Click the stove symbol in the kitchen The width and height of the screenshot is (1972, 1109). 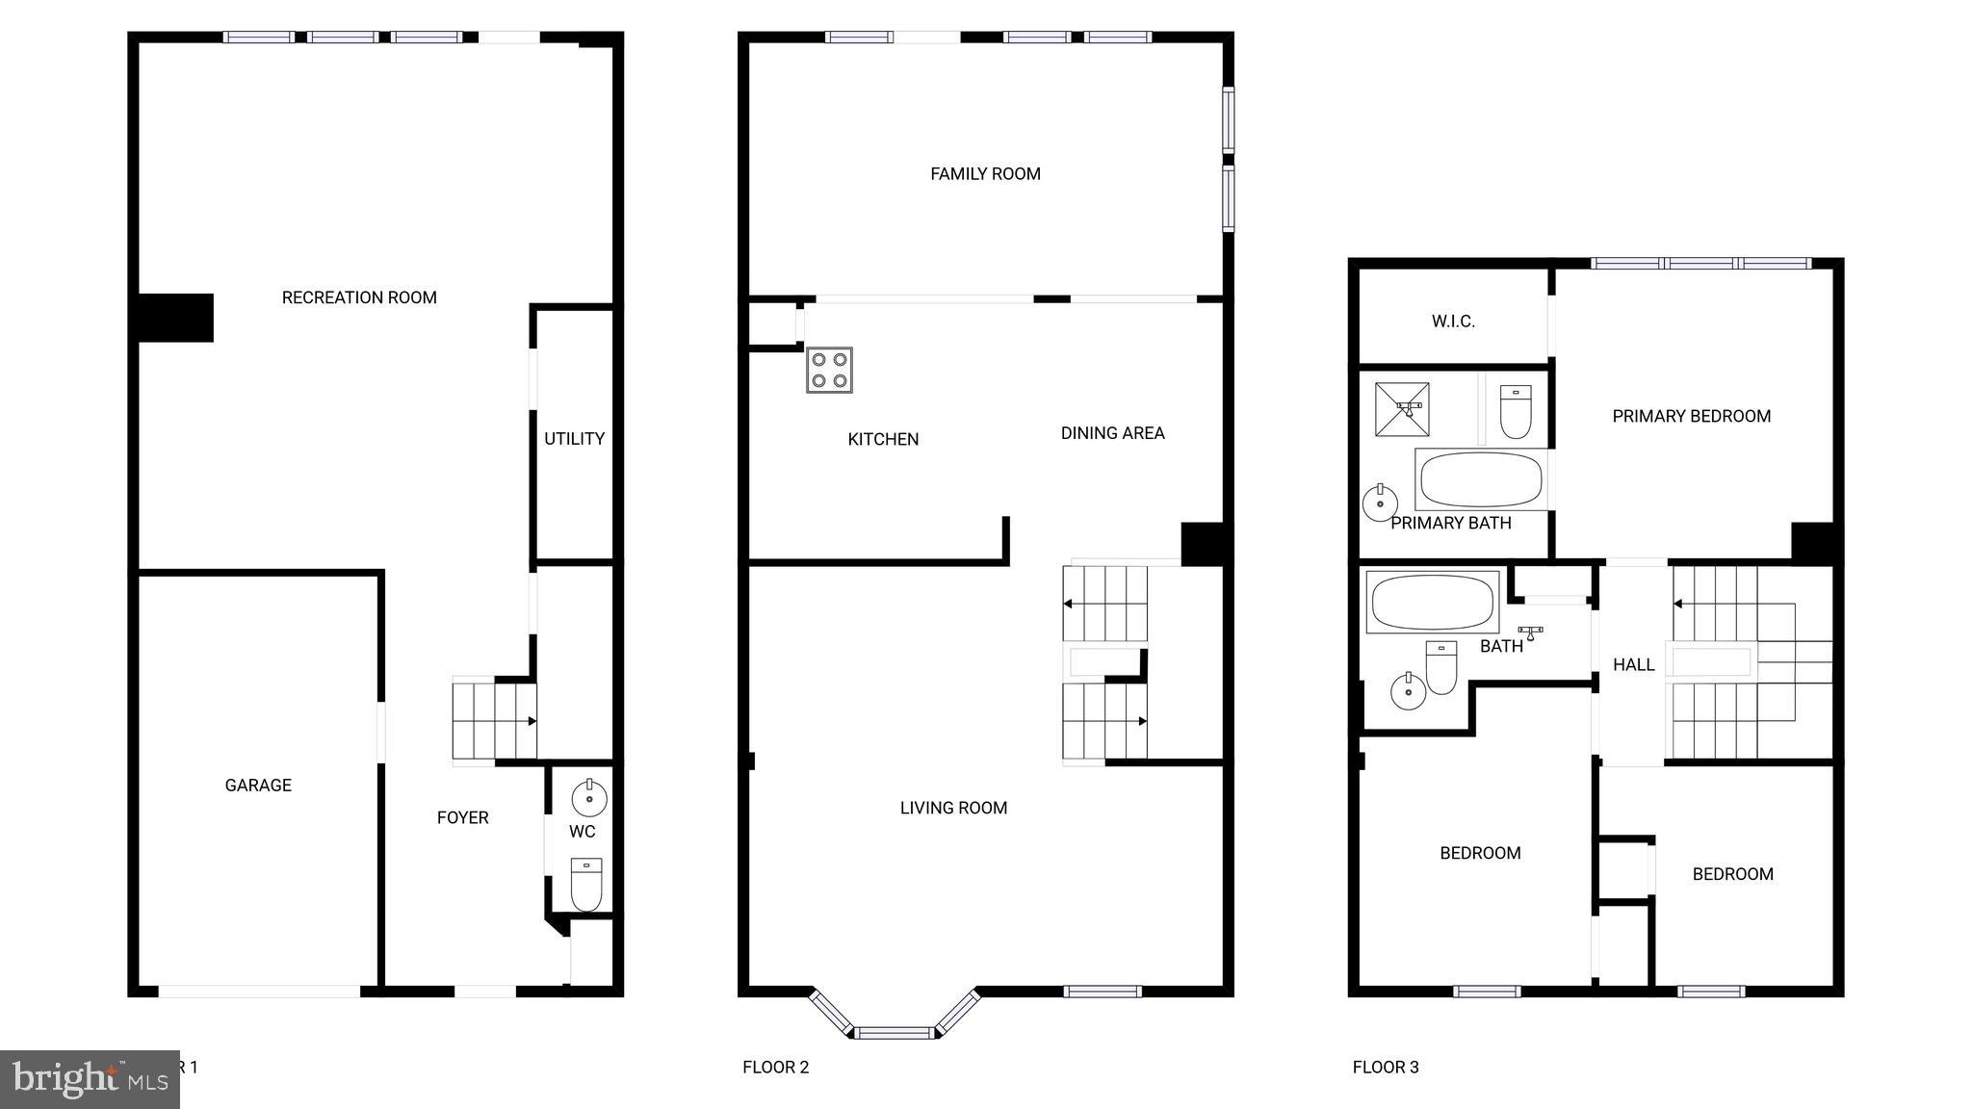click(829, 370)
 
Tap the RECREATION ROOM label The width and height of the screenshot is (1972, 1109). click(359, 298)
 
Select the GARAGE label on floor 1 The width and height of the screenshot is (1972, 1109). click(258, 786)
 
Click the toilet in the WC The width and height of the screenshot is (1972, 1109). click(586, 884)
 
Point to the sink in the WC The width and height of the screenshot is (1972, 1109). click(588, 798)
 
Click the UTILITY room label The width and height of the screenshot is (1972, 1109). click(574, 439)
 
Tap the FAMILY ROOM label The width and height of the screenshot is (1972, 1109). click(985, 174)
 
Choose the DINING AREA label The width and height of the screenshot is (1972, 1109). click(1112, 433)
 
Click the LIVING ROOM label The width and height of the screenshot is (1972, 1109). click(953, 809)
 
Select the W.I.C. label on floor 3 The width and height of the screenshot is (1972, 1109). click(1453, 322)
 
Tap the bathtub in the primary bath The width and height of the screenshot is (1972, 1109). click(1481, 479)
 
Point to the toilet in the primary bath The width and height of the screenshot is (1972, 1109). click(1516, 412)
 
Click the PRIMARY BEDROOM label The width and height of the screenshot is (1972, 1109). click(1691, 417)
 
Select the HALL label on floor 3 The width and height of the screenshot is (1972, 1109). click(1633, 665)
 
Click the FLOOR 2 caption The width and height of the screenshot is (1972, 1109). click(775, 1067)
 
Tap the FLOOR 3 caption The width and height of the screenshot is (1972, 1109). click(1386, 1067)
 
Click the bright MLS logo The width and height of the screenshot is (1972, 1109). click(90, 1078)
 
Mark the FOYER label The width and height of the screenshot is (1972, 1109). click(462, 818)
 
